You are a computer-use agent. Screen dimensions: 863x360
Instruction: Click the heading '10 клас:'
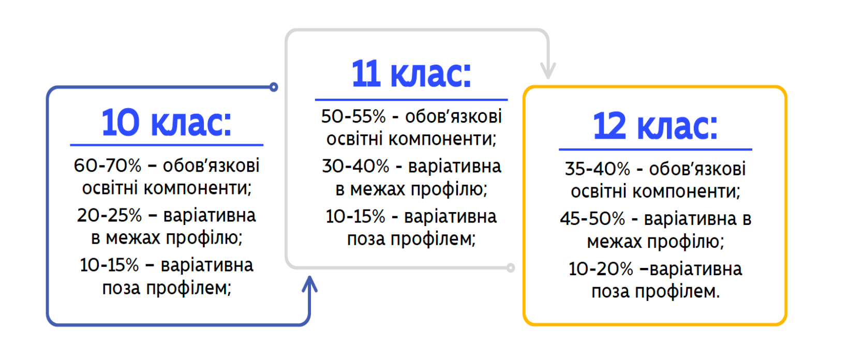click(167, 123)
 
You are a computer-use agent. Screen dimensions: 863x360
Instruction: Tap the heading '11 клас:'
click(411, 74)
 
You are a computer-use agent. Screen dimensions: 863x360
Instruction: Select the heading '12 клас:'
click(655, 126)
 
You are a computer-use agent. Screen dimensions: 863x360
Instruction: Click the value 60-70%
click(108, 166)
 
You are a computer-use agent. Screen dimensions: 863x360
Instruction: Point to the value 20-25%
click(109, 215)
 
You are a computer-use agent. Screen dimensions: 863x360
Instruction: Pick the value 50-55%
click(353, 116)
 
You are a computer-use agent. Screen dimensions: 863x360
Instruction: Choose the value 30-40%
click(355, 167)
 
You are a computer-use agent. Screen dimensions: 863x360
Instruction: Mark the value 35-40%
click(597, 169)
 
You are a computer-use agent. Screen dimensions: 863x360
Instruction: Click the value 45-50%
click(592, 219)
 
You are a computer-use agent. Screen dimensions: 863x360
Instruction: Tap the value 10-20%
click(601, 269)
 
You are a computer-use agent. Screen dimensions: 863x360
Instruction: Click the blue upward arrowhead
click(310, 284)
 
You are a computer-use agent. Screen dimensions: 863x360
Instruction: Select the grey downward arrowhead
click(548, 70)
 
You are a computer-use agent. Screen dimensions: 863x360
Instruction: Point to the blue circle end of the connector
click(274, 87)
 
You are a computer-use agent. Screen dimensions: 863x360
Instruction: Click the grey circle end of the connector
click(511, 267)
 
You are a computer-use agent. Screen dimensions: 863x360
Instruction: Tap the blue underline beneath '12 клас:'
click(656, 149)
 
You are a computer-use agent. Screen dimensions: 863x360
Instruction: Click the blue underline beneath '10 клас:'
click(167, 145)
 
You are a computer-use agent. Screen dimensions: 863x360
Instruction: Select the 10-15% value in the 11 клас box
click(355, 216)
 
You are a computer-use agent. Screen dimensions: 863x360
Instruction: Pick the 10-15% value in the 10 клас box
click(109, 265)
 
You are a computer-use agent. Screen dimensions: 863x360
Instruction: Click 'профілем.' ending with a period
click(677, 292)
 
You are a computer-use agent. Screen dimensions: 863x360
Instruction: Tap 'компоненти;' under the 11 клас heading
click(442, 139)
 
